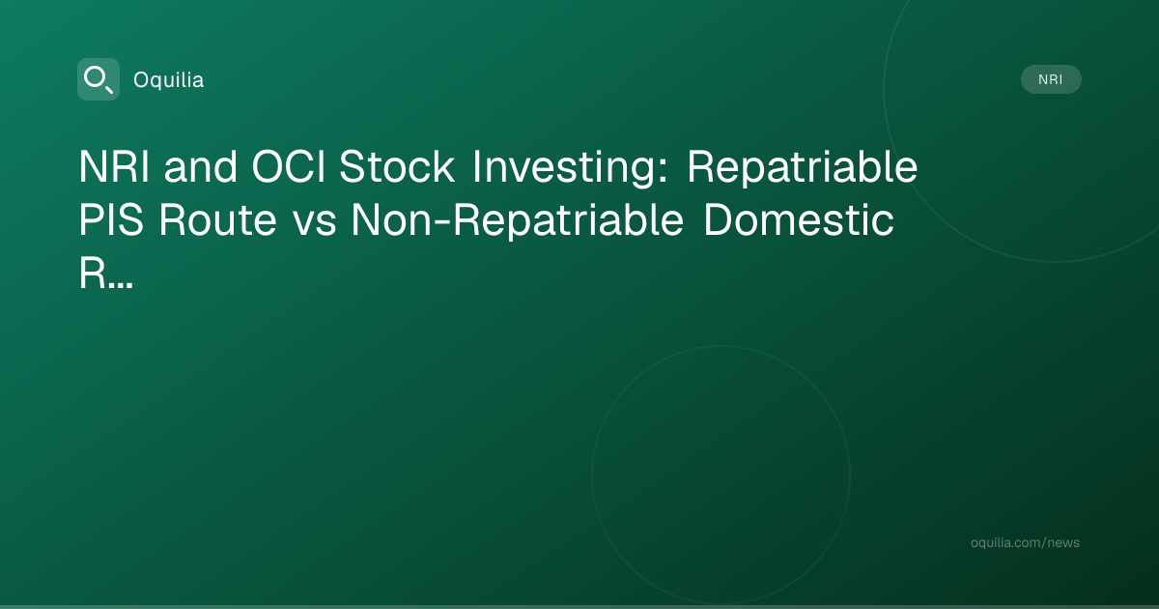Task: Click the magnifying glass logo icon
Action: (99, 79)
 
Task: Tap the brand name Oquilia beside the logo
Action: (169, 80)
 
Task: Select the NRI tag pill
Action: (1051, 79)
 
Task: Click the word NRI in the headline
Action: (114, 166)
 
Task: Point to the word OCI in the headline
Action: (289, 166)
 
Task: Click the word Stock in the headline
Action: (397, 166)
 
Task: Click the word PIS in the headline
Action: (111, 220)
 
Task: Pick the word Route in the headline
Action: (218, 220)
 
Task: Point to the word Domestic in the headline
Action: (799, 220)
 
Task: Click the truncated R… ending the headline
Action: (106, 274)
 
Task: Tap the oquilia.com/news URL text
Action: (1025, 542)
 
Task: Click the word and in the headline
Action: (201, 166)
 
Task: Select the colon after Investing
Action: (664, 171)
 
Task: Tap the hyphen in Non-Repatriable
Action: (442, 221)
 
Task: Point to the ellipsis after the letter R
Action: (121, 285)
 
